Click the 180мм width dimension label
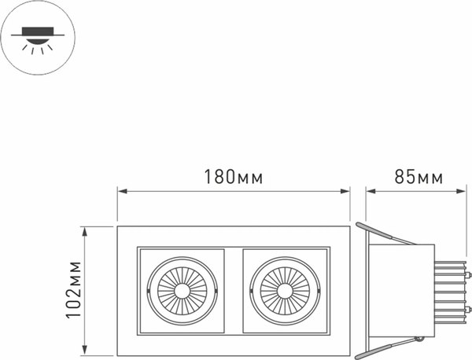pyautogui.click(x=233, y=177)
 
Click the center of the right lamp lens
pyautogui.click(x=286, y=291)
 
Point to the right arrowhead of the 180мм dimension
pyautogui.click(x=346, y=189)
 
